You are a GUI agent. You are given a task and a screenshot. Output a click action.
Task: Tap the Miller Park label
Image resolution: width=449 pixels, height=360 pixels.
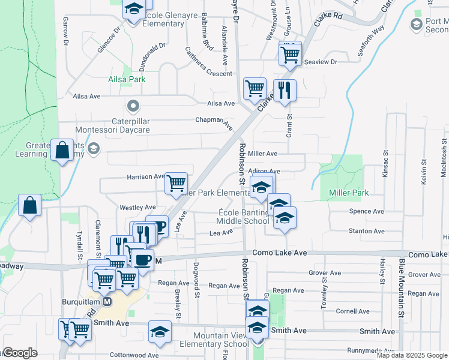click(x=349, y=193)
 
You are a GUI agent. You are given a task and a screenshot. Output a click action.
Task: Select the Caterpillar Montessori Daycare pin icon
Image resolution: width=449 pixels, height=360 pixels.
click(x=133, y=107)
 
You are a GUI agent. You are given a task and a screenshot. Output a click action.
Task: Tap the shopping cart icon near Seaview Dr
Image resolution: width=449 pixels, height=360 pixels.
click(x=290, y=55)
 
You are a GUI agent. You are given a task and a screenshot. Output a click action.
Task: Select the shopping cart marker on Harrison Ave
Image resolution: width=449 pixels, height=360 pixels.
click(x=176, y=183)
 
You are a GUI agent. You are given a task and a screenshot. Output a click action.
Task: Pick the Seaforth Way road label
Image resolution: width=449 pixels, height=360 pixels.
click(x=370, y=41)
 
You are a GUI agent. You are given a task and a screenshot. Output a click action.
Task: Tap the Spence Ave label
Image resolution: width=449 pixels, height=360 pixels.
click(x=366, y=212)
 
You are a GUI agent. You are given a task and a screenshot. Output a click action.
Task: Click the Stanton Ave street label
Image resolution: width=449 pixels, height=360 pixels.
click(x=366, y=231)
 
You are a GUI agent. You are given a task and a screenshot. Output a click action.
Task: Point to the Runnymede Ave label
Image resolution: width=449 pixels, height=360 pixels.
click(x=371, y=350)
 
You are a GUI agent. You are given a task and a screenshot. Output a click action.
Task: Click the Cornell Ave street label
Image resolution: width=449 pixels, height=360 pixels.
click(x=353, y=311)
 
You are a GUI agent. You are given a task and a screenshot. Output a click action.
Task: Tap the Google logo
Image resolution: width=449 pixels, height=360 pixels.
click(x=19, y=353)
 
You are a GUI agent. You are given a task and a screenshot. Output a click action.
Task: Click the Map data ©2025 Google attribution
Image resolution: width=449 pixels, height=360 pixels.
click(x=411, y=355)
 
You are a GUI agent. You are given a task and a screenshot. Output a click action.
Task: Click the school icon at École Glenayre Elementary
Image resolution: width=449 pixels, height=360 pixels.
click(x=134, y=9)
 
